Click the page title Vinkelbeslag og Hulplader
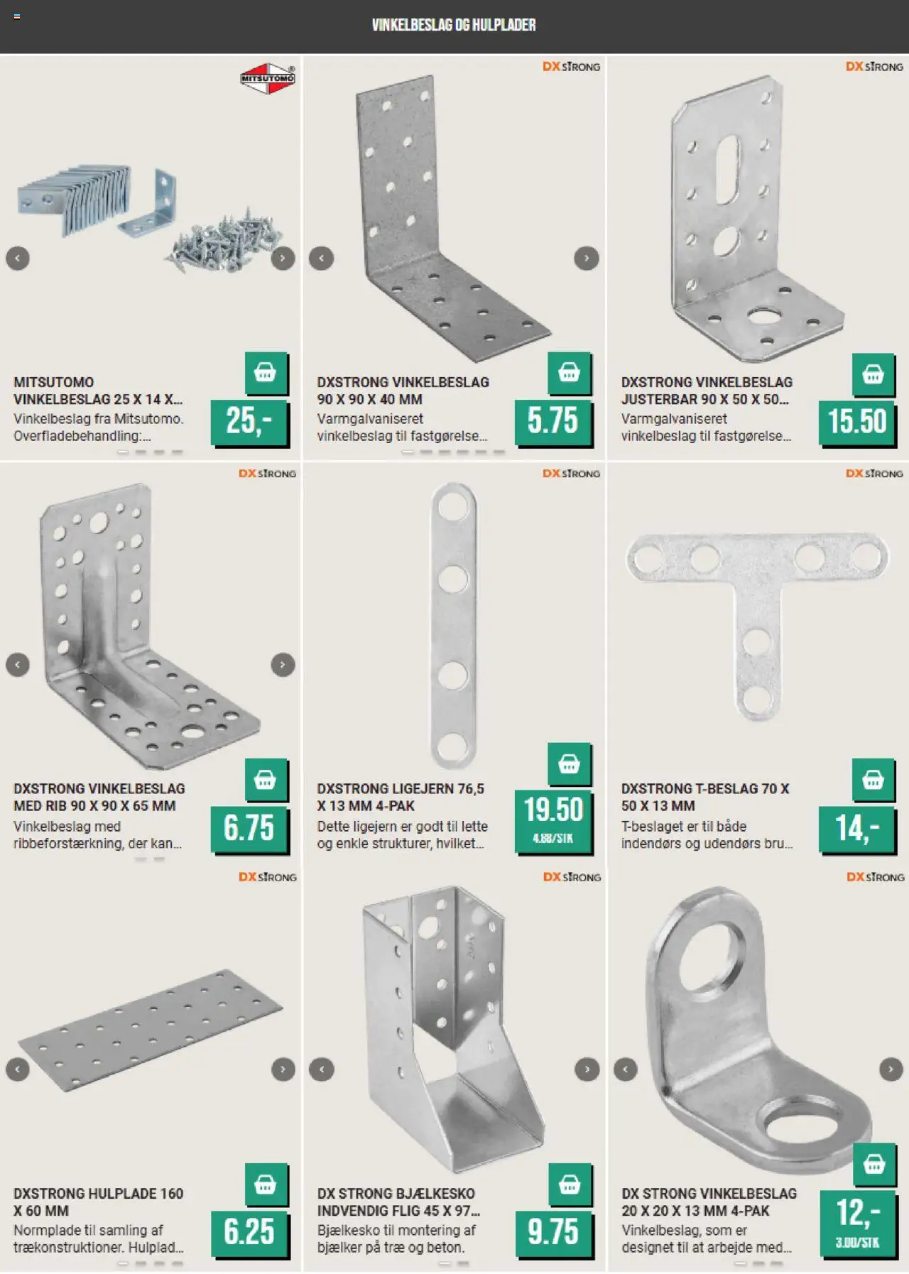[x=454, y=25]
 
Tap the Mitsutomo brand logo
[x=267, y=79]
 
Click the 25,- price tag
[x=249, y=422]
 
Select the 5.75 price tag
[x=553, y=422]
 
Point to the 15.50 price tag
[x=857, y=422]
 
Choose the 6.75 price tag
[x=249, y=828]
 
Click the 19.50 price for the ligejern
[x=553, y=810]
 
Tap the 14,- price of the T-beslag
[x=857, y=828]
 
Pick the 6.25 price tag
[x=249, y=1232]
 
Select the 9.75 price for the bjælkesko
[x=553, y=1232]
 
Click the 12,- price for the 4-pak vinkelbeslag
[x=857, y=1213]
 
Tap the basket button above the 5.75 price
[x=569, y=373]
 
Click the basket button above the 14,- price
[x=873, y=780]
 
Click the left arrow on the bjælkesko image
[x=322, y=1069]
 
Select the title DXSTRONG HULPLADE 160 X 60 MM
[x=98, y=1202]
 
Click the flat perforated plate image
[x=151, y=1030]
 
